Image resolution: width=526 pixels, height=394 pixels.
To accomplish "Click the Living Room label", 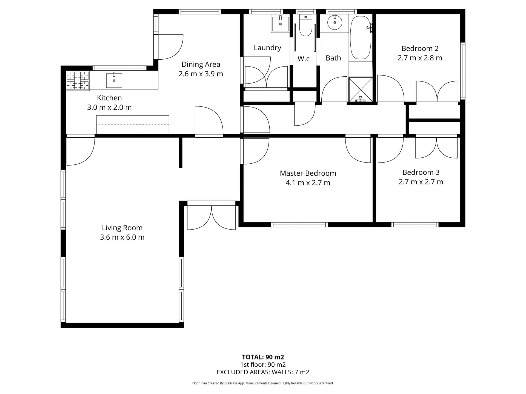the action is (x=122, y=228).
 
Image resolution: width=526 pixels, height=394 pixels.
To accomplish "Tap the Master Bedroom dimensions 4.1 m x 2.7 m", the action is (x=308, y=183).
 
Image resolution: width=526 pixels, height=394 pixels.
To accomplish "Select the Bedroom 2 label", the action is (x=420, y=48).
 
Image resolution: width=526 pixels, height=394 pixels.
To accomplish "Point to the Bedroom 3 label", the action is (x=421, y=172).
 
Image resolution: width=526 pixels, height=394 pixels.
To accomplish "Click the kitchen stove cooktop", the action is (x=78, y=80).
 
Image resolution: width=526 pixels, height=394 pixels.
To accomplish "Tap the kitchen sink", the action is (x=114, y=80).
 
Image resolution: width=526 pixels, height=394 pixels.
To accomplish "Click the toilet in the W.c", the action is (x=305, y=25).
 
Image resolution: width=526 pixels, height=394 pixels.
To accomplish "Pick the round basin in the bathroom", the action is (x=335, y=22).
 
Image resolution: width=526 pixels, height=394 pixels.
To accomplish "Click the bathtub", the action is (x=361, y=37).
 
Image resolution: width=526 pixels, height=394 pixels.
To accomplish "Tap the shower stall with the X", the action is (x=361, y=89).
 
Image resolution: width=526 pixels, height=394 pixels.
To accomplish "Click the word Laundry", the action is (x=267, y=48).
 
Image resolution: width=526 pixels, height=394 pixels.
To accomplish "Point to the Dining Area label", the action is (x=201, y=64).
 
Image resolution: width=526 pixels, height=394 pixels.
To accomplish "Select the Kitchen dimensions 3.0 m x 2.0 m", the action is (x=109, y=107).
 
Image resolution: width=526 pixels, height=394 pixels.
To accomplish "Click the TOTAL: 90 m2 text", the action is (x=263, y=357).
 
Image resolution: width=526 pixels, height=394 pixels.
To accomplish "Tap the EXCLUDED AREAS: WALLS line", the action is (x=263, y=372).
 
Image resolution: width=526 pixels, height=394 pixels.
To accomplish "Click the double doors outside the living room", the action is (x=211, y=218).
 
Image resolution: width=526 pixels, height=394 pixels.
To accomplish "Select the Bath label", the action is (x=333, y=58).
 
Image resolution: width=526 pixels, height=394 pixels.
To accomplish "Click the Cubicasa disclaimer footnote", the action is (x=263, y=383).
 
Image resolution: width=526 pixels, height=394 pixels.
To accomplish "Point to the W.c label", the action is (x=304, y=59).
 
